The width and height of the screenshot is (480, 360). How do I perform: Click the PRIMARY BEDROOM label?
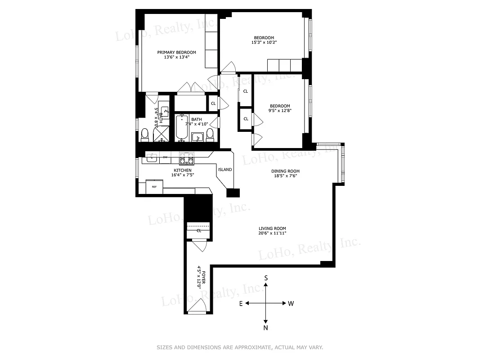[x=176, y=52]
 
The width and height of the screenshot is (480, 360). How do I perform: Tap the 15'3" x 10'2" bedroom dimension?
[x=264, y=43]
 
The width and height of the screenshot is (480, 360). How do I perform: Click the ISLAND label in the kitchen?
[x=225, y=170]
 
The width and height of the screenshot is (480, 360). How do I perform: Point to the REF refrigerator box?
[x=154, y=186]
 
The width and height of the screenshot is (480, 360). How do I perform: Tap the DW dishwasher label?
[x=165, y=157]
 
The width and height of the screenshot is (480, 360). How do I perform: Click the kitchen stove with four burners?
[x=187, y=157]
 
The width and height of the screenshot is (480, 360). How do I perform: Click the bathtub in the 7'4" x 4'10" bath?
[x=182, y=128]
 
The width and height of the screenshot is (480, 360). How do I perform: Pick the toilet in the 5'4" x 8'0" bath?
[x=145, y=134]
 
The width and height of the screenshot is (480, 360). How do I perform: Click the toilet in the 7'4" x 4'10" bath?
[x=210, y=135]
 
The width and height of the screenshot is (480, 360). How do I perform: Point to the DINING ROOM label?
[x=285, y=171]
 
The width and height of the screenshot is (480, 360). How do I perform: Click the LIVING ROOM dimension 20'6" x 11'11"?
[x=272, y=233]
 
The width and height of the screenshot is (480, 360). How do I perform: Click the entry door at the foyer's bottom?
[x=197, y=307]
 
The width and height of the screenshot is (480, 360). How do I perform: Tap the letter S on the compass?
[x=266, y=279]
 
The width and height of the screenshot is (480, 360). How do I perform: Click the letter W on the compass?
[x=291, y=304]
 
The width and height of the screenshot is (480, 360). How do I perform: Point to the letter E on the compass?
[x=241, y=304]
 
